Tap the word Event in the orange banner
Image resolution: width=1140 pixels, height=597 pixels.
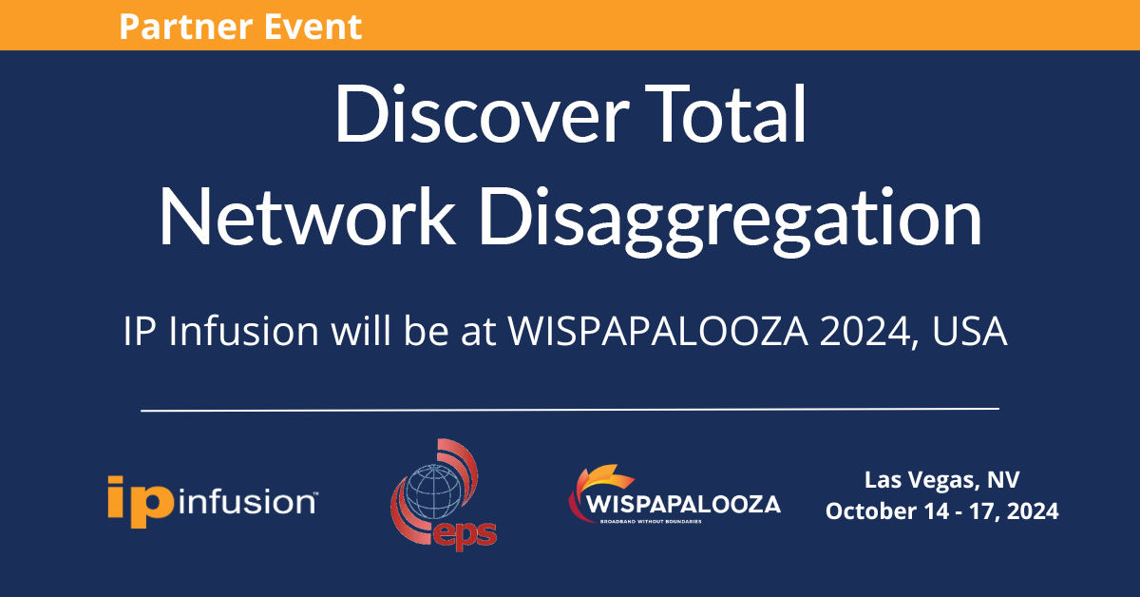(313, 27)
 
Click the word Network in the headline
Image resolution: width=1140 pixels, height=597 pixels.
(307, 216)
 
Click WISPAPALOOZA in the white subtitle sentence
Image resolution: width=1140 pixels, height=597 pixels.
(658, 331)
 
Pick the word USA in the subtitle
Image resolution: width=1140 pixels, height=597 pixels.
(970, 331)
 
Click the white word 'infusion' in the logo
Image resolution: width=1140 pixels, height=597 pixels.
(247, 502)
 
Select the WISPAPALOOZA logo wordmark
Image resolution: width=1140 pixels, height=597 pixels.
(683, 505)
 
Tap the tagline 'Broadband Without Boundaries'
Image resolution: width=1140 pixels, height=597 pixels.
(651, 522)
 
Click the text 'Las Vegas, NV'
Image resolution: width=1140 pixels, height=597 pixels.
(942, 480)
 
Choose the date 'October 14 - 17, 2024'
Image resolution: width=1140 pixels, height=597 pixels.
(942, 511)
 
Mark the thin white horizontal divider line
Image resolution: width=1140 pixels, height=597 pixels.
(570, 410)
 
